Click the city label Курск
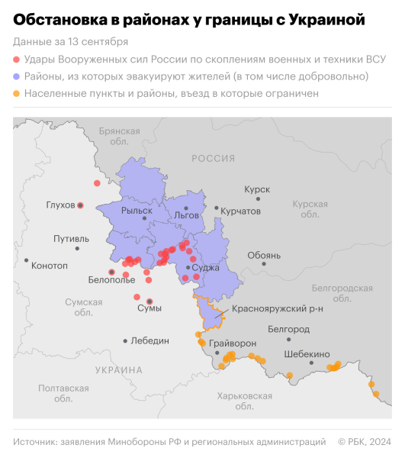[257, 188]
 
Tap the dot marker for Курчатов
[217, 208]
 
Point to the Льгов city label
[186, 215]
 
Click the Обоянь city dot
[264, 263]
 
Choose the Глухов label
[60, 205]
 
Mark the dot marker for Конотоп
[26, 260]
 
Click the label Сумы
[149, 309]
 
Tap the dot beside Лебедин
[126, 340]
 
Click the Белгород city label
[289, 329]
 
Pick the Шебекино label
[307, 354]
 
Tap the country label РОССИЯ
[213, 159]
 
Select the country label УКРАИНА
[119, 370]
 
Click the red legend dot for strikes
[18, 59]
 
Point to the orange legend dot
[18, 94]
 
